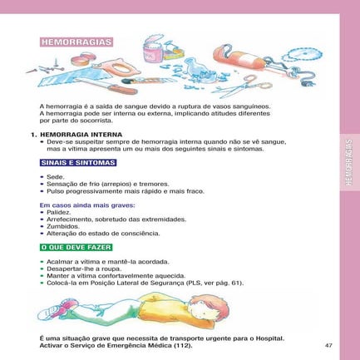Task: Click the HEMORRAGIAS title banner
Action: tap(75, 42)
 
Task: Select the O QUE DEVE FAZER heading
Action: tap(76, 248)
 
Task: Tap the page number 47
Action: tap(328, 345)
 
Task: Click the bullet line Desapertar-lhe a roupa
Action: tap(82, 269)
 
